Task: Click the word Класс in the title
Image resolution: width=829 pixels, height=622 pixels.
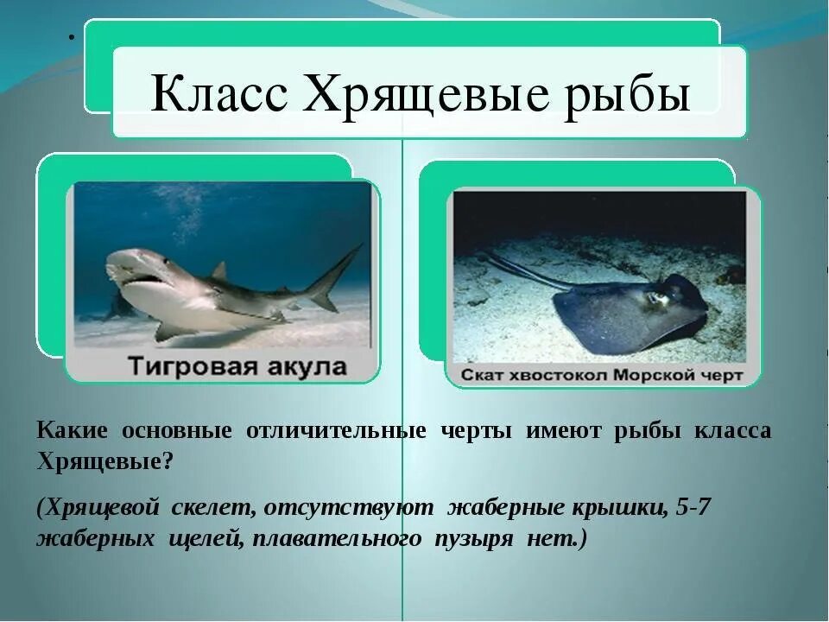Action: click(218, 94)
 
